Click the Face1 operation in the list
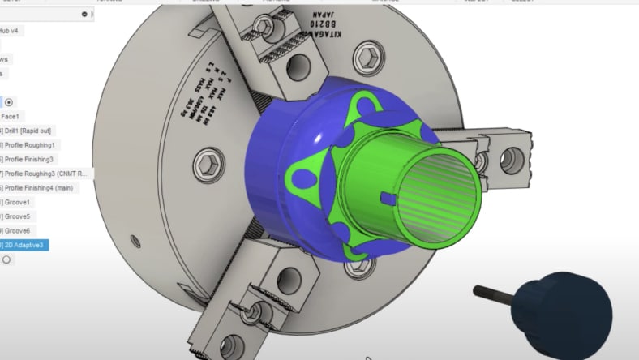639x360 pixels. click(15, 116)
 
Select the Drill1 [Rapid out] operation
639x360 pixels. click(32, 131)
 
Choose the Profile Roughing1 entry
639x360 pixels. click(39, 145)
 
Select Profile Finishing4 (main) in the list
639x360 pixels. click(45, 187)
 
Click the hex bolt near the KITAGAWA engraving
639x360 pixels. click(367, 57)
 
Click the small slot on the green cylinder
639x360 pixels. click(384, 196)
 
